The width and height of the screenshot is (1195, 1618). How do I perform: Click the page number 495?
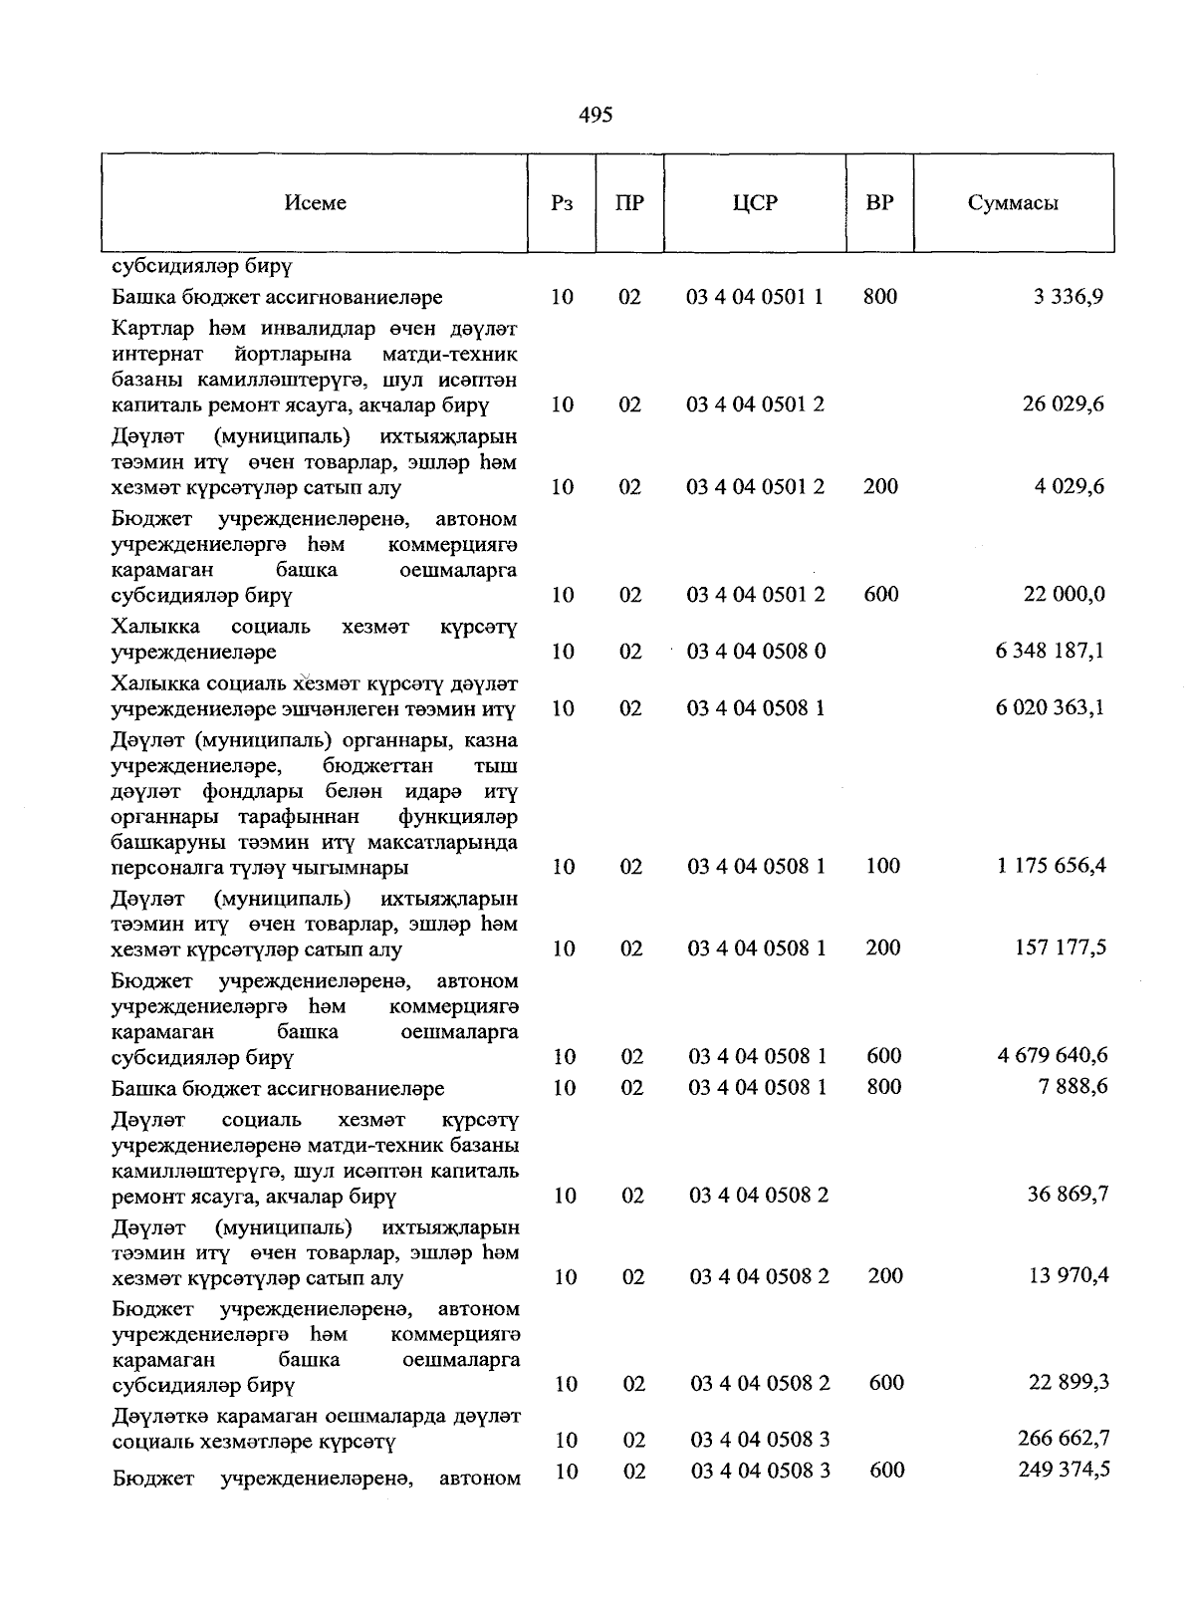point(596,116)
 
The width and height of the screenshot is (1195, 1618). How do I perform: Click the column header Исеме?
point(315,203)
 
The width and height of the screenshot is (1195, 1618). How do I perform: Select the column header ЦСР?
point(754,203)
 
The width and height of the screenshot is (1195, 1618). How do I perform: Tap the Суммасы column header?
point(1012,203)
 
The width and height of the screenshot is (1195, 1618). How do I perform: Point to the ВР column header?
point(879,203)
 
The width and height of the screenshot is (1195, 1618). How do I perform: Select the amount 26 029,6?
point(1063,404)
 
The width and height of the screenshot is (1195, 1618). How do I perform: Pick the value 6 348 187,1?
point(1050,652)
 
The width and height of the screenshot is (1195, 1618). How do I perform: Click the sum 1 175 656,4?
point(1051,866)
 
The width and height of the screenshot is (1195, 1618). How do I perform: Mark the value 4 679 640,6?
point(1052,1055)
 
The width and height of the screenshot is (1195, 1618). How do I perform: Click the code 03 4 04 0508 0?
point(756,652)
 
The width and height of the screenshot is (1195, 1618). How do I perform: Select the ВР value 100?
point(882,866)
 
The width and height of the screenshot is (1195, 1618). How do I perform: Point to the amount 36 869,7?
point(1068,1195)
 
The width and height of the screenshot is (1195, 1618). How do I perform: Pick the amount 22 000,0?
point(1064,595)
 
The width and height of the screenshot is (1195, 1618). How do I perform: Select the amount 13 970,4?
point(1068,1276)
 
